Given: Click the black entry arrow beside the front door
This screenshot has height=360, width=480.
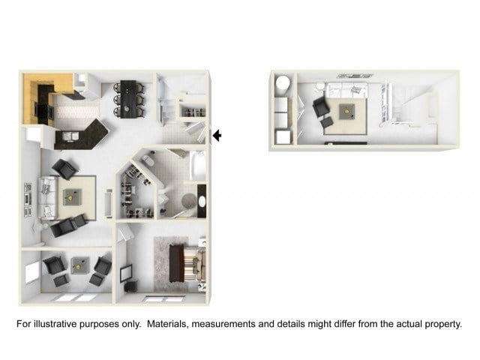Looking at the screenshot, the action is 217,135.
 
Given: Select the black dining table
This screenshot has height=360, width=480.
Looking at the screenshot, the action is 128,99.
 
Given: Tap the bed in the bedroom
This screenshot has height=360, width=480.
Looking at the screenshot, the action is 187,263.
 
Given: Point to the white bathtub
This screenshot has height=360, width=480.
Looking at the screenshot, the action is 198,165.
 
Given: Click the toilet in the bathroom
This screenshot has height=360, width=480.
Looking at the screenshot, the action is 148,160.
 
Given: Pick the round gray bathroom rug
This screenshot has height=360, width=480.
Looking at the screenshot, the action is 189,201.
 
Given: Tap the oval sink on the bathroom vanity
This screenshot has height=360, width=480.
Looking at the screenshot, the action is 202,201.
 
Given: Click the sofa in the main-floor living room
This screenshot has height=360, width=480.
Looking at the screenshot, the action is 47,198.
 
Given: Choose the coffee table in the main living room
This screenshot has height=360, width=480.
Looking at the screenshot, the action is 72,197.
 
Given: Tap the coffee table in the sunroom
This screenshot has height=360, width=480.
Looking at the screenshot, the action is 80,265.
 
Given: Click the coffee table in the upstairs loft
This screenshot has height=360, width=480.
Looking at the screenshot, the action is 346,112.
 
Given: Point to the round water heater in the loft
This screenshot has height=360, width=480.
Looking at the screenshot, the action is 282,82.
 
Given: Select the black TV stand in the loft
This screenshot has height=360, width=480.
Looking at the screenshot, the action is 346,143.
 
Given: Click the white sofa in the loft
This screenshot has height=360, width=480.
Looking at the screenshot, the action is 348,90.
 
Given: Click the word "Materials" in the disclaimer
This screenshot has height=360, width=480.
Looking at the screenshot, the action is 166,324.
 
